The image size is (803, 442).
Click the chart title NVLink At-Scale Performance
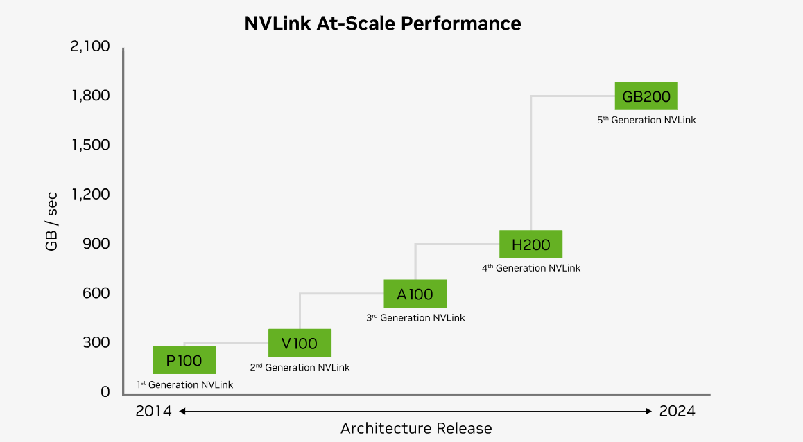pos(382,24)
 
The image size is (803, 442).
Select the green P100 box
pos(184,360)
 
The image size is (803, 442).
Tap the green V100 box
pos(300,343)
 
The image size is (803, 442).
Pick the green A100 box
pos(415,294)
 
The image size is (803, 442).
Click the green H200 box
pos(530,245)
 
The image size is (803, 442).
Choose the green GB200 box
pos(646,96)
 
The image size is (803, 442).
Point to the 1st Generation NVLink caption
pos(184,384)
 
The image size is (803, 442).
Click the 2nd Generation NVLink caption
pos(300,367)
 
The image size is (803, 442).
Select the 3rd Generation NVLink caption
pos(415,318)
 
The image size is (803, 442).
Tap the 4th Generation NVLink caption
pos(531,268)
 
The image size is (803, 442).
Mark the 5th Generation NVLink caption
pos(646,120)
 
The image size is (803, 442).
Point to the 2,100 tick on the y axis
pos(90,46)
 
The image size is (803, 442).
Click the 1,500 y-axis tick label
pos(91,145)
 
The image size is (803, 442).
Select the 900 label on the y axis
pos(96,244)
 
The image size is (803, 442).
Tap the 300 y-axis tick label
pos(96,342)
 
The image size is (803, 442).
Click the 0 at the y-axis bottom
pos(105,392)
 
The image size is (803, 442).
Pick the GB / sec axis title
pos(52,220)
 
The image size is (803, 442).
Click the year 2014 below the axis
pos(153,411)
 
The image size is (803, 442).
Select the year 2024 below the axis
pos(677,411)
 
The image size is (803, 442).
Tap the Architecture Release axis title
pos(416,428)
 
